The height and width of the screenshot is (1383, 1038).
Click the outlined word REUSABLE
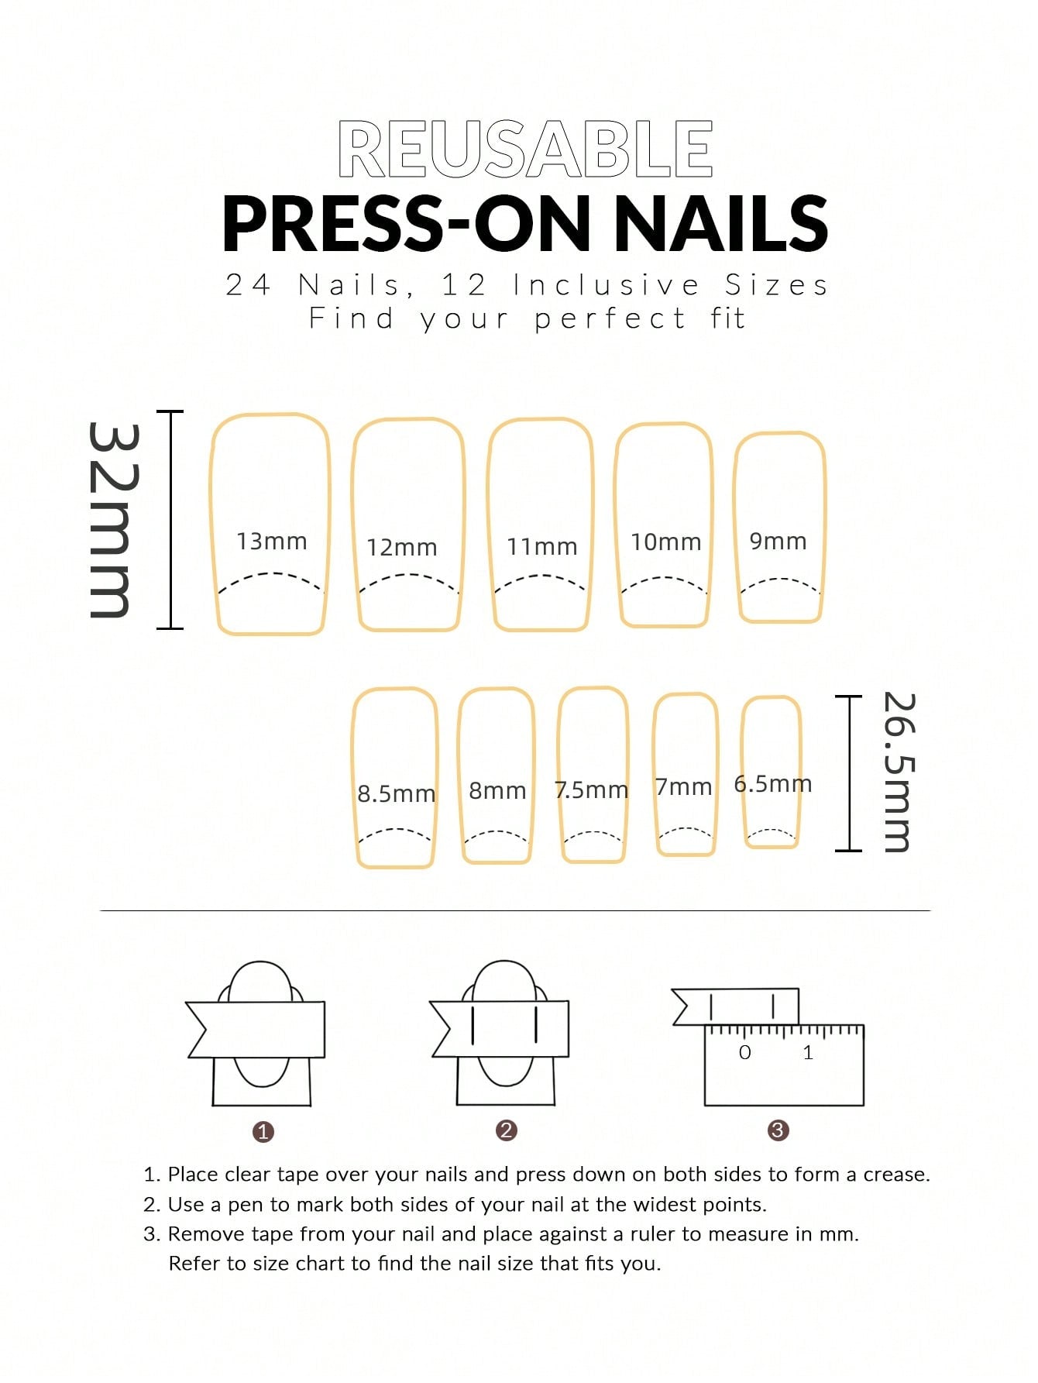(525, 149)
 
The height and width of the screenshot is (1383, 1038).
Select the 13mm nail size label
(271, 541)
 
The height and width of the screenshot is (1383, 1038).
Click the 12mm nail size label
(401, 547)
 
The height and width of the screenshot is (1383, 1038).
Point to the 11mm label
(541, 546)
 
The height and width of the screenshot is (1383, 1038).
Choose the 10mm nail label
(665, 542)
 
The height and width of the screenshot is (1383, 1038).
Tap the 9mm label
(778, 541)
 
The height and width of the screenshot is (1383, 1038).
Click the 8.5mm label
(396, 793)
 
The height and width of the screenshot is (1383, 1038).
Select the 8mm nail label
(497, 790)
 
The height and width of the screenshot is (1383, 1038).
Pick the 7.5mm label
(591, 790)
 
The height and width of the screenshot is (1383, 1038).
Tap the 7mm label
(683, 786)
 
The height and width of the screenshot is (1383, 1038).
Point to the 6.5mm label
(773, 783)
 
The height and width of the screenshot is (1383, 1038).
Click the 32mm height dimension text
(115, 520)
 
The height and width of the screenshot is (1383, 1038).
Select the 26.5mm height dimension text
(899, 772)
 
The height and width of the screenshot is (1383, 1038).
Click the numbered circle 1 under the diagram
(263, 1132)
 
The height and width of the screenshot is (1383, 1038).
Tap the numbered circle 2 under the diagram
(506, 1130)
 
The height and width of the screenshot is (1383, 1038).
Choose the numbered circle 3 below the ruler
(778, 1130)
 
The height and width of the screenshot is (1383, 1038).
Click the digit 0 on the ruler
(744, 1052)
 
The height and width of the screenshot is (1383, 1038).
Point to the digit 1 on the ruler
(808, 1052)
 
